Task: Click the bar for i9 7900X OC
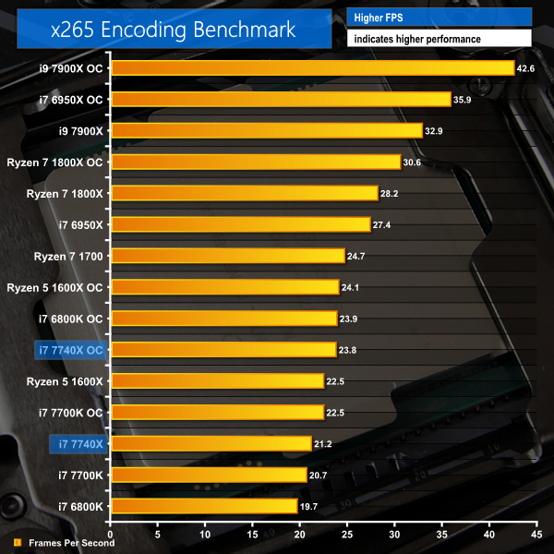(x=312, y=68)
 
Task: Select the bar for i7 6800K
(x=203, y=506)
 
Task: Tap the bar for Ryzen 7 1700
(x=227, y=256)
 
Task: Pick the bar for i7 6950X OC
(x=280, y=100)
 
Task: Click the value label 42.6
(x=526, y=68)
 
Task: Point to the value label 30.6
(x=413, y=162)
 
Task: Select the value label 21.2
(x=323, y=444)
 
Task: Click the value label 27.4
(x=382, y=224)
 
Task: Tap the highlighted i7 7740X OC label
(x=69, y=350)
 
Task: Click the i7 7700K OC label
(x=70, y=412)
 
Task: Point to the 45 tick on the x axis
(x=536, y=534)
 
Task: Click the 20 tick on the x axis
(x=299, y=534)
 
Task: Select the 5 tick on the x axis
(x=158, y=534)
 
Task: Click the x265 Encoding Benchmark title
(x=174, y=29)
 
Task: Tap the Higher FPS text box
(x=439, y=17)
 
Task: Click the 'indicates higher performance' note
(x=439, y=39)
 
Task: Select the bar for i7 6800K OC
(x=223, y=319)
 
